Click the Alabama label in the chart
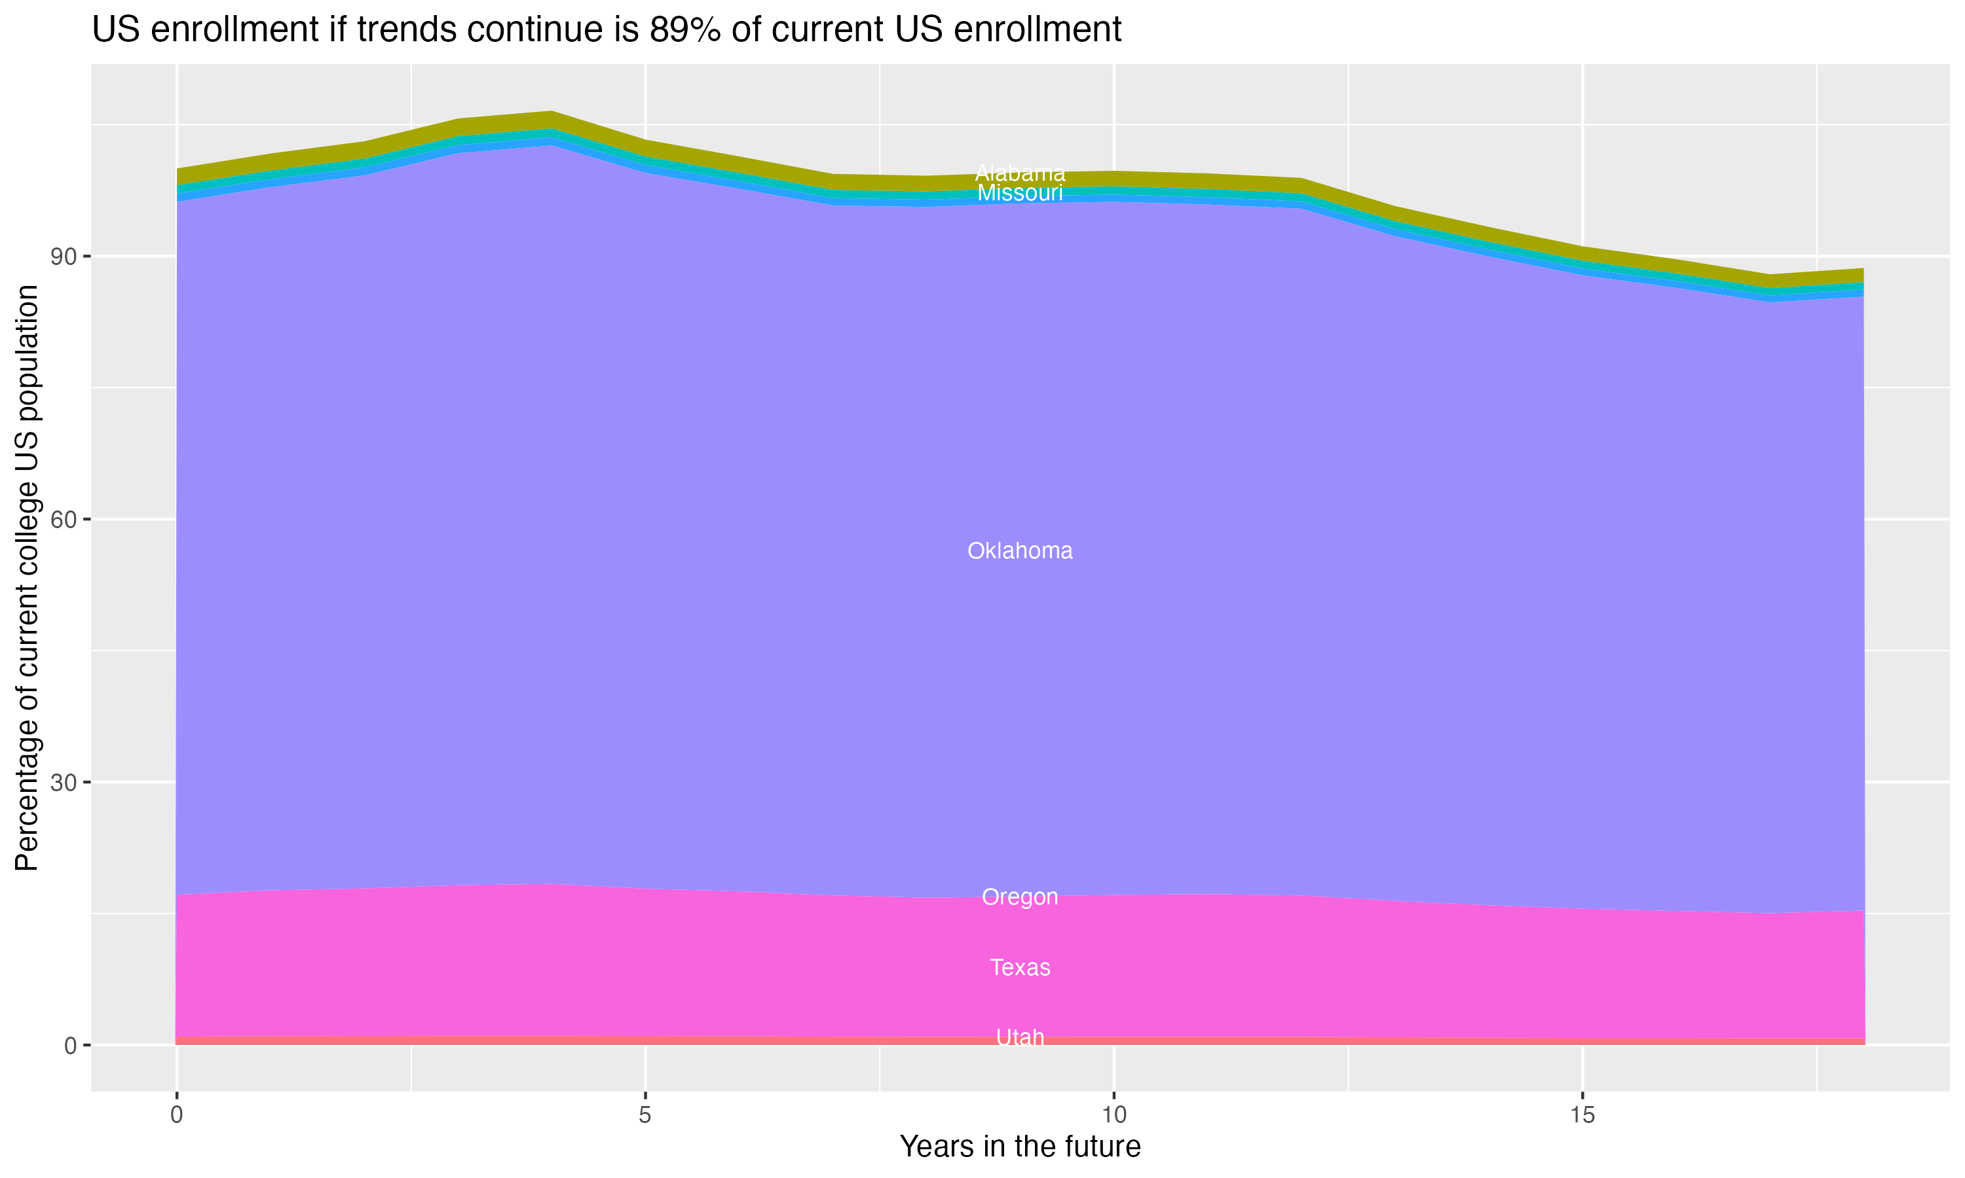point(1020,173)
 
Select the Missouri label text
point(1020,193)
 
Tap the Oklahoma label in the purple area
point(1020,551)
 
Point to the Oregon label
point(1020,897)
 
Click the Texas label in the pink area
point(1020,968)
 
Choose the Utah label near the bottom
point(1020,1037)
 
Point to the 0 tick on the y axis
point(71,1045)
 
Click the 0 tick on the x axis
point(176,1115)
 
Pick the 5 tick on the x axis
point(645,1115)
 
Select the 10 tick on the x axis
point(1113,1115)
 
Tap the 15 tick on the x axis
point(1582,1115)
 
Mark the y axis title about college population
point(27,577)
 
